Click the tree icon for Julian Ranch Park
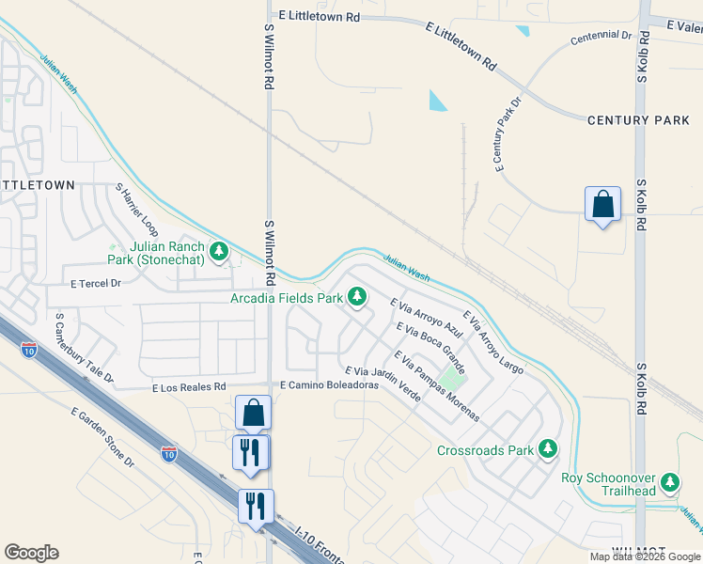pos(219,251)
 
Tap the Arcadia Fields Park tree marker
pos(357,298)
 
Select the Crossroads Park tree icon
pos(549,450)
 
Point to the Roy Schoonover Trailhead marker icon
pos(669,483)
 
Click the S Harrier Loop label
pos(137,211)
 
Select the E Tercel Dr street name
pos(97,283)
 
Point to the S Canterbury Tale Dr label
pos(84,349)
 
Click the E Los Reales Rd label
pos(189,386)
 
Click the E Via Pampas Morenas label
pos(437,386)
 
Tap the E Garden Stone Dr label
pos(103,436)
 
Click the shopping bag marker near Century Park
pos(602,204)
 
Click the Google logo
pos(31,553)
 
